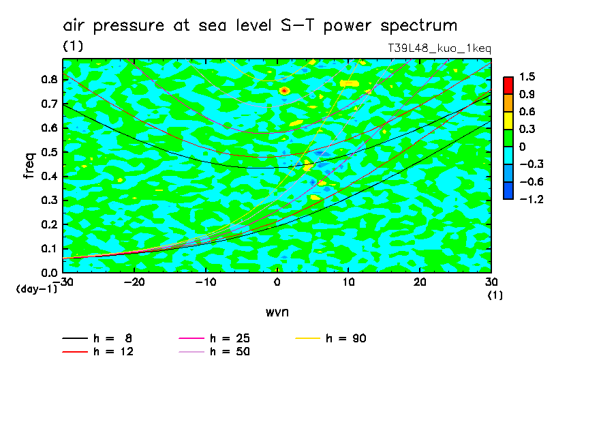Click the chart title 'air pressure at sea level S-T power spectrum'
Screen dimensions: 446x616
[260, 26]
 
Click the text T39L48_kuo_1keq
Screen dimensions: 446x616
[439, 48]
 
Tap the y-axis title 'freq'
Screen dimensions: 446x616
[29, 166]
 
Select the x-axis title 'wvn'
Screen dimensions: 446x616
[277, 312]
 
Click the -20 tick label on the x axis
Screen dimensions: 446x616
[134, 282]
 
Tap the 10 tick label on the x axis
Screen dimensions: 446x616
[348, 282]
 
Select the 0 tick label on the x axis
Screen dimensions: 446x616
[277, 282]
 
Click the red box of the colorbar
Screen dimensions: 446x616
[508, 85]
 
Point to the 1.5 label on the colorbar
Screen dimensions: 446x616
[526, 76]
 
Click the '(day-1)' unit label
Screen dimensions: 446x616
[36, 289]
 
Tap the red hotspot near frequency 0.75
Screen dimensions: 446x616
[284, 90]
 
